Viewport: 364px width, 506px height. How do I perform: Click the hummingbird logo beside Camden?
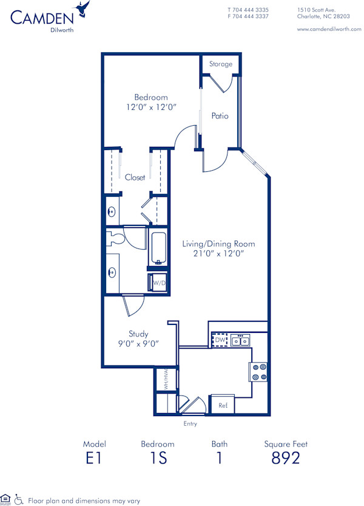coord(82,9)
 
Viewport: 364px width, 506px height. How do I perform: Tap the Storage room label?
coord(221,64)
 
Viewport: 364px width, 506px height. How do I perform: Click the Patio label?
coord(220,115)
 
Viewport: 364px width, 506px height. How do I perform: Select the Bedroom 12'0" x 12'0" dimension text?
coord(151,108)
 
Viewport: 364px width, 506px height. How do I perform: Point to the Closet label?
coord(135,177)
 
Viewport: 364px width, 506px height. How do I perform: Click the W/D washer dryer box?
coord(158,283)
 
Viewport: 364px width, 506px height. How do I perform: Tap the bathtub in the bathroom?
coord(158,249)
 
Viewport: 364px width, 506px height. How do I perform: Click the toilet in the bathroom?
coord(115,238)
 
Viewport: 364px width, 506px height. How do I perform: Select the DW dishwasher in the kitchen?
coord(220,341)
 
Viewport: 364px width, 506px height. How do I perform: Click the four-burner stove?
coord(258,372)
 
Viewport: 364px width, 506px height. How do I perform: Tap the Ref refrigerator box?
coord(222,404)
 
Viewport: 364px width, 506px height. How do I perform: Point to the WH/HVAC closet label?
coord(163,380)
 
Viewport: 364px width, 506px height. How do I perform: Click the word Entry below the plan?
coord(190,423)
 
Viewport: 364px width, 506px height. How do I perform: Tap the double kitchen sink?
coord(241,341)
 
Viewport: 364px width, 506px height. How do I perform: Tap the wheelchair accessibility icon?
coord(19,499)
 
